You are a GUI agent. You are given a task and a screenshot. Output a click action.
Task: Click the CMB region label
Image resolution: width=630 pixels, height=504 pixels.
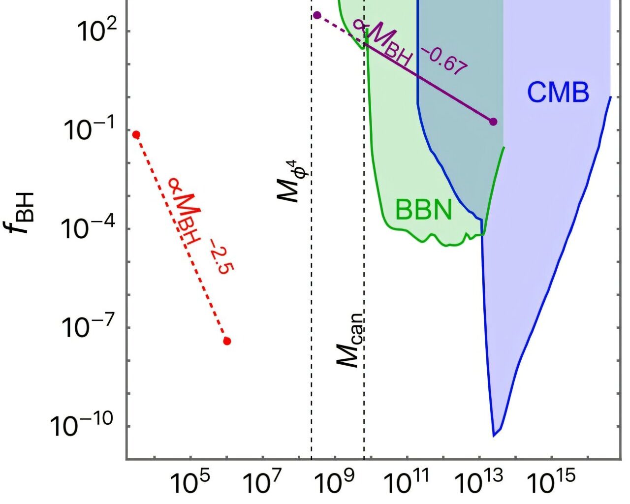pos(558,92)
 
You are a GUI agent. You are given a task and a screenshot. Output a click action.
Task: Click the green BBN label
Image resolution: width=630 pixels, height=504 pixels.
pos(423,210)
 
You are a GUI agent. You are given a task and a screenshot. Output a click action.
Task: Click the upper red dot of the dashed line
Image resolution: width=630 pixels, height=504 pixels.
pos(136,135)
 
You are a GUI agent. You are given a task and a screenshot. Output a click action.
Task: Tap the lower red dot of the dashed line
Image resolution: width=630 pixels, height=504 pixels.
pos(227,341)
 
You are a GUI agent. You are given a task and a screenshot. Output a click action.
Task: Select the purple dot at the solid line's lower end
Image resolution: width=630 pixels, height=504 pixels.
pos(493,122)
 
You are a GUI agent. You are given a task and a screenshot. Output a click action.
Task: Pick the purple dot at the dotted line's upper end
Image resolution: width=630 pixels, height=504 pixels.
pos(317,15)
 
